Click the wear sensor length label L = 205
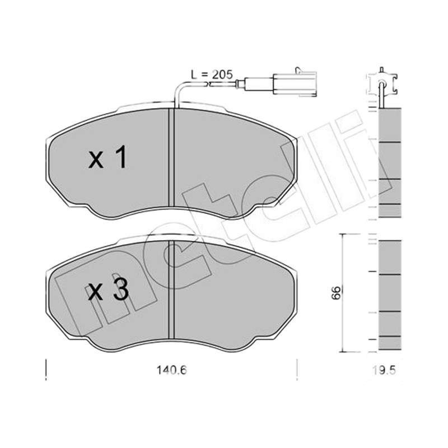click(x=212, y=74)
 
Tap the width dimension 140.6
click(x=171, y=371)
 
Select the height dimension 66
click(x=336, y=292)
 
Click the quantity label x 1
click(x=108, y=157)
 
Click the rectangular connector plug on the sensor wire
click(x=295, y=84)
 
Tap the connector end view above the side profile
click(x=381, y=83)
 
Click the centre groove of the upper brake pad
click(x=171, y=157)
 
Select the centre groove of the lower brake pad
click(x=171, y=289)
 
